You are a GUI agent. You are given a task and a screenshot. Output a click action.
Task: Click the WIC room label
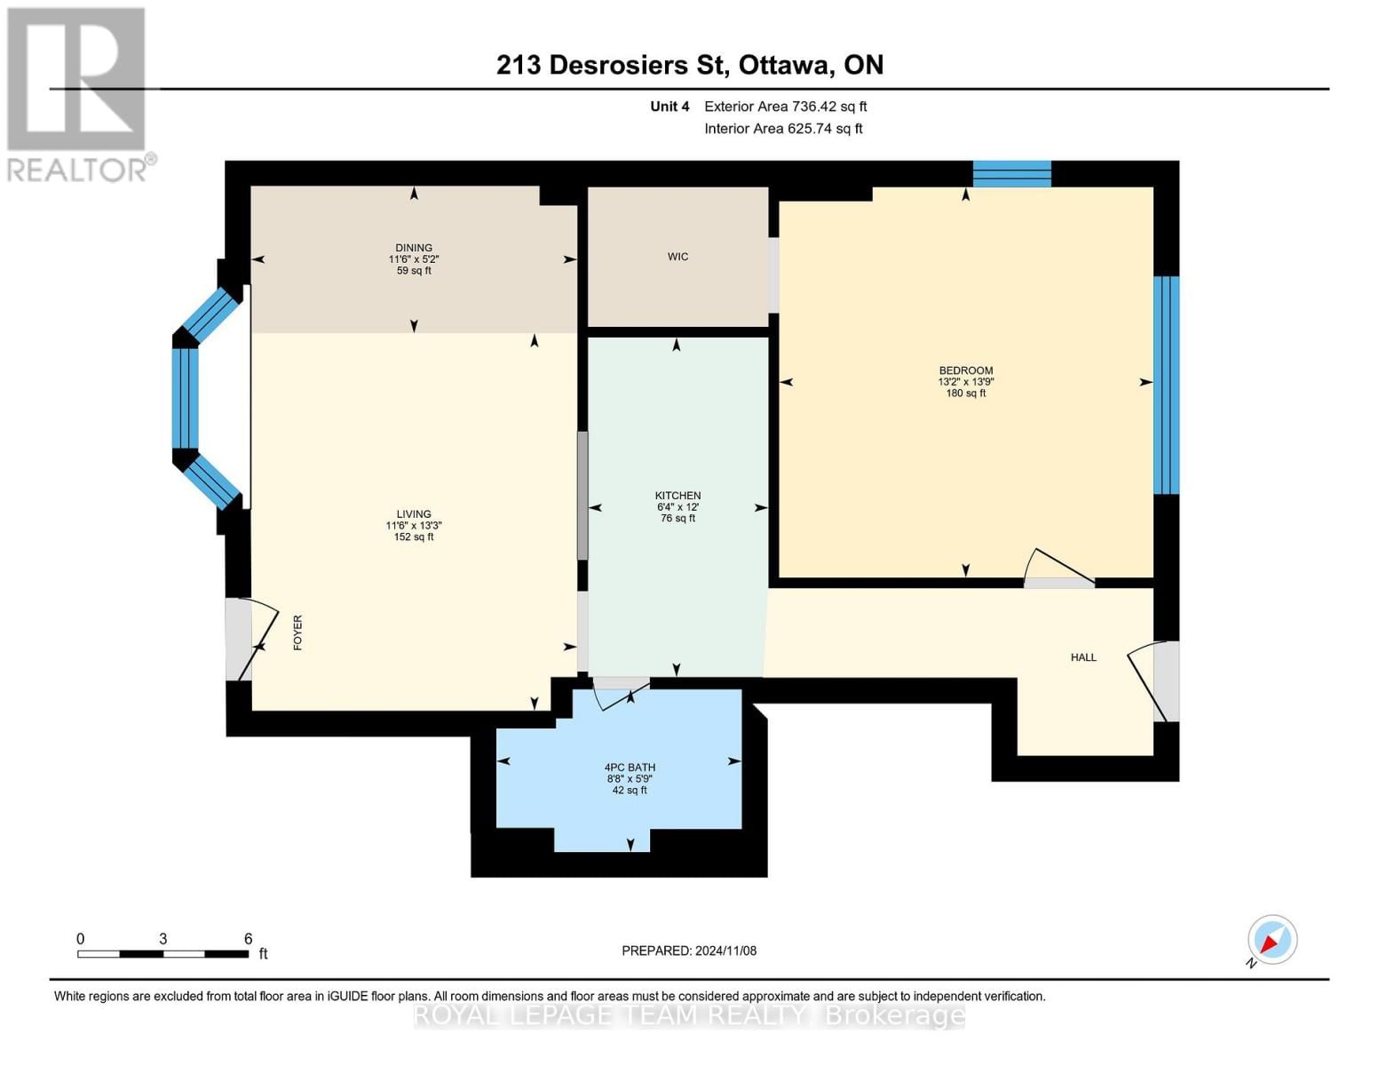(678, 257)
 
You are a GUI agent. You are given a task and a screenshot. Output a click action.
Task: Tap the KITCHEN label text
(678, 495)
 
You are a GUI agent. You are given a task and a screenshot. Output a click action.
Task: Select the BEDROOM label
(966, 370)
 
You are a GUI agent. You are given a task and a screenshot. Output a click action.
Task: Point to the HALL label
(1083, 657)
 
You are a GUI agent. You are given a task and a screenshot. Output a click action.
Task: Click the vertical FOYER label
(297, 632)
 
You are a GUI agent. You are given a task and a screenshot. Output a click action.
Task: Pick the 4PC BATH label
(630, 767)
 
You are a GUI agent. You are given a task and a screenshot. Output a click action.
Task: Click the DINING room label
(414, 248)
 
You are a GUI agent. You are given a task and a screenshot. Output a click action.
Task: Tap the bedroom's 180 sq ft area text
(966, 393)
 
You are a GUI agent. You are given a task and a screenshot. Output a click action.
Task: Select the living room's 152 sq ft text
(414, 537)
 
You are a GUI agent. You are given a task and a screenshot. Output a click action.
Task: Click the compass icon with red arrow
(1272, 940)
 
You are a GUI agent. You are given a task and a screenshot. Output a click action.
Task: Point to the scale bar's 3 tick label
(163, 938)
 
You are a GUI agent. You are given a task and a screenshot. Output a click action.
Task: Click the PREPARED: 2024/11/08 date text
(689, 951)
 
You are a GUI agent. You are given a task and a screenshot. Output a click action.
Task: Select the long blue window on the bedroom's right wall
(1167, 385)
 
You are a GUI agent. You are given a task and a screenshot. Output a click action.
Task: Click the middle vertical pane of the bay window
(186, 399)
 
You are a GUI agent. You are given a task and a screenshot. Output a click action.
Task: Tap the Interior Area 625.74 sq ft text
(783, 129)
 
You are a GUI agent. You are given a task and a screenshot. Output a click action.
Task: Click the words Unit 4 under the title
(670, 107)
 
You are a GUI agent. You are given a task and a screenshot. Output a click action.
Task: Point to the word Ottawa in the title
(786, 66)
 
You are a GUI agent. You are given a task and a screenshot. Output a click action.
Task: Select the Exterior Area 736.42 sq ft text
(786, 107)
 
